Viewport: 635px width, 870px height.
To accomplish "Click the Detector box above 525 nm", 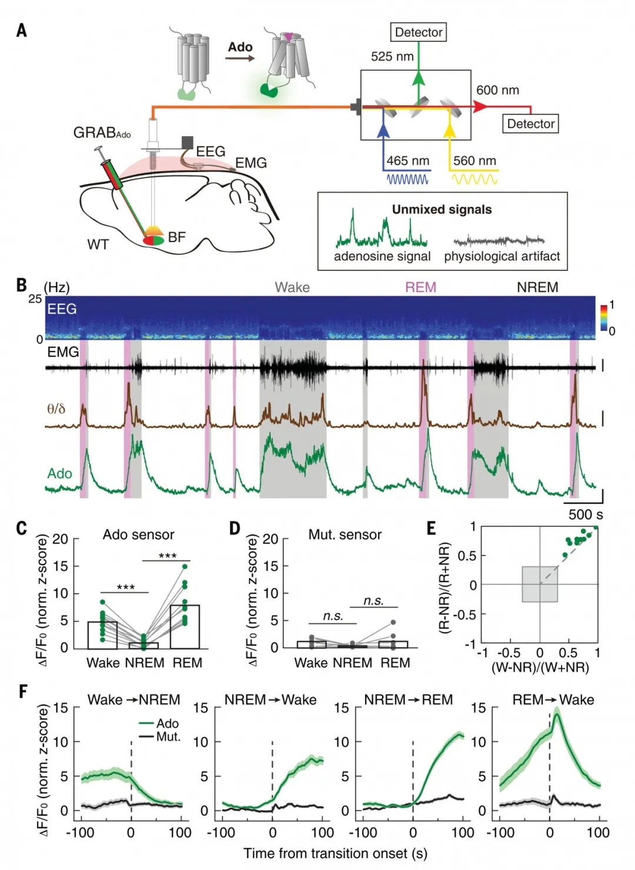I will [x=418, y=32].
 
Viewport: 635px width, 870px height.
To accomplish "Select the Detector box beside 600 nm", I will [x=530, y=124].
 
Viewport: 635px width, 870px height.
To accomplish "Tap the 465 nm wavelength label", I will [x=407, y=161].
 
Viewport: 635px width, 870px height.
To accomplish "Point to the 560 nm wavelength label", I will [x=474, y=161].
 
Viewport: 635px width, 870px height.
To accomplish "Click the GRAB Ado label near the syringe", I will [x=102, y=133].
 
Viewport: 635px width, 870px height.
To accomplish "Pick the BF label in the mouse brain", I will [x=177, y=237].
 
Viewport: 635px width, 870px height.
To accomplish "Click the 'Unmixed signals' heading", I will [x=442, y=210].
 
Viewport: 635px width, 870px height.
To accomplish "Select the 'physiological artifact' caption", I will [x=502, y=256].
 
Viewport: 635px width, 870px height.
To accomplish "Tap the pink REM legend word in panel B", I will [x=420, y=287].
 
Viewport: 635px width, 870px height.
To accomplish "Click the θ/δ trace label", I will [x=56, y=409].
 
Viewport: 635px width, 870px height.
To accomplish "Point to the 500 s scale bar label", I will [x=585, y=515].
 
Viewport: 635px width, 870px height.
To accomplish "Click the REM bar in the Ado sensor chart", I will [x=185, y=627].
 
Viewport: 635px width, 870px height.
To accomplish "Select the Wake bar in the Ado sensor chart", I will [x=102, y=635].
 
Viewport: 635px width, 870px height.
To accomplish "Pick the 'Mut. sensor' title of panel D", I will [x=345, y=535].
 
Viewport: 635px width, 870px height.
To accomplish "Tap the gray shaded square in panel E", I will [x=540, y=584].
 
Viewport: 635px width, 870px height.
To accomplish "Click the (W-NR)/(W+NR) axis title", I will [x=540, y=668].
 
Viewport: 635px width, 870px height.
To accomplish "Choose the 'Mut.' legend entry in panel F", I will [x=168, y=737].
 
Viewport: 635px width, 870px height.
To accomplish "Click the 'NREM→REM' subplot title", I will [x=409, y=700].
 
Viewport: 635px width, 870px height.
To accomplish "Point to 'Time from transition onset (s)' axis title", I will [x=335, y=854].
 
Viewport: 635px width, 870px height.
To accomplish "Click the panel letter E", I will [x=431, y=528].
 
